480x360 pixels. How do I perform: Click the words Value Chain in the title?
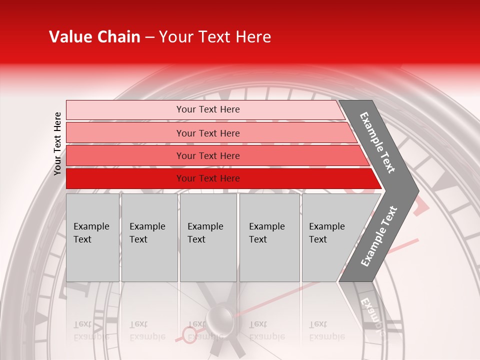[94, 37]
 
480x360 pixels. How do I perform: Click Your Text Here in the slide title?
[215, 37]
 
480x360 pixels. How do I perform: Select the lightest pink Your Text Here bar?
[208, 109]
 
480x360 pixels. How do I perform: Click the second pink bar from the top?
[208, 133]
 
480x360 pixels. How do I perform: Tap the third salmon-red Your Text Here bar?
[208, 156]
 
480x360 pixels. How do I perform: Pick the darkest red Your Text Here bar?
[208, 178]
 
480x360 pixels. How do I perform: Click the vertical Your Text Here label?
[57, 143]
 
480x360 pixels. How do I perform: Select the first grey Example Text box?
[92, 237]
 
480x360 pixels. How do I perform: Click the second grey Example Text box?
[149, 237]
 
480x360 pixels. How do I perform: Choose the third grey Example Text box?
[208, 237]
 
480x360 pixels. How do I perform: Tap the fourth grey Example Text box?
[269, 237]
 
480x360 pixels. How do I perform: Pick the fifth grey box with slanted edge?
[330, 237]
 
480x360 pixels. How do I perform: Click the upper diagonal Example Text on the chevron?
[377, 142]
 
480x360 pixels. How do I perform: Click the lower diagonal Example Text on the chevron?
[379, 236]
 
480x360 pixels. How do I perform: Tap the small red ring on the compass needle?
[189, 334]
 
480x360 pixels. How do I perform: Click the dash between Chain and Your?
[149, 37]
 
